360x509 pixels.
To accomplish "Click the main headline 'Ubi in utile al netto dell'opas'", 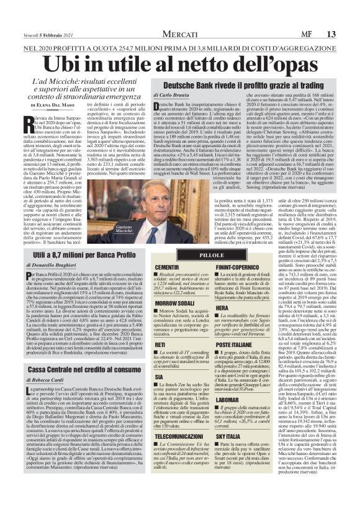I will click(x=180, y=63).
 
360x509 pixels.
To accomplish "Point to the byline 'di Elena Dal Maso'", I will click(x=52, y=106).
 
